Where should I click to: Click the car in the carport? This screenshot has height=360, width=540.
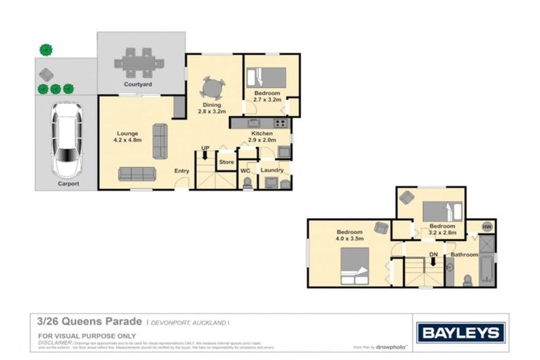(67, 141)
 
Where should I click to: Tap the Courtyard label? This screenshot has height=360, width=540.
(138, 84)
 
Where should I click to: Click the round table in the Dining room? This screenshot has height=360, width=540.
(212, 88)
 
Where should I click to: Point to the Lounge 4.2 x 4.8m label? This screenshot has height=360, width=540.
(127, 136)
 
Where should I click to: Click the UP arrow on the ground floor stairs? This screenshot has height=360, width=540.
(205, 153)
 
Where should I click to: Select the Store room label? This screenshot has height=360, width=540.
(226, 162)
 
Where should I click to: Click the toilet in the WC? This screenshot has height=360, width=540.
(246, 183)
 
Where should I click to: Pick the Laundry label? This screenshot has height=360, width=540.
(271, 169)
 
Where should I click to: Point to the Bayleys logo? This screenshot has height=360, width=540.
(461, 332)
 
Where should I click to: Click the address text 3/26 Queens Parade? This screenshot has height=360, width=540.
(91, 321)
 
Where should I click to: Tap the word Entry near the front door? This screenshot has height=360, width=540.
(181, 171)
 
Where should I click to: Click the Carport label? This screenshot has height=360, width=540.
(68, 184)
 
